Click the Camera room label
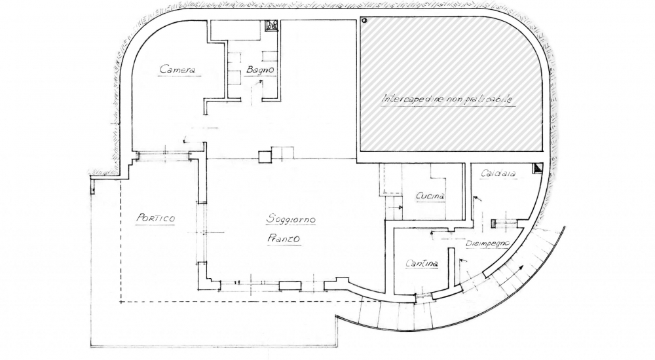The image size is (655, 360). (178, 69)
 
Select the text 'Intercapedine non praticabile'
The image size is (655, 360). (448, 99)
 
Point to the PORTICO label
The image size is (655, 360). (155, 218)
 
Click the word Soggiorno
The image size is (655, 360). (290, 219)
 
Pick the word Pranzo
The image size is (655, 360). (284, 240)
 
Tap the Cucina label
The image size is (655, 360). (430, 196)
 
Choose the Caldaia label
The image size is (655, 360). (498, 173)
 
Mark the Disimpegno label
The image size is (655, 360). (488, 243)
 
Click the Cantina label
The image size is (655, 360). (421, 263)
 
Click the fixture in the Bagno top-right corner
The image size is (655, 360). (271, 26)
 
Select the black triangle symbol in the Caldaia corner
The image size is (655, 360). (537, 168)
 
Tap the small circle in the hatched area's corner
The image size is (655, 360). (365, 21)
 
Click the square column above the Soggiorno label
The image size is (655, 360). (265, 156)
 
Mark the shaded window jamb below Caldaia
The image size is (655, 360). (493, 223)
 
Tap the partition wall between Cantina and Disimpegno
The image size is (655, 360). (451, 267)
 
